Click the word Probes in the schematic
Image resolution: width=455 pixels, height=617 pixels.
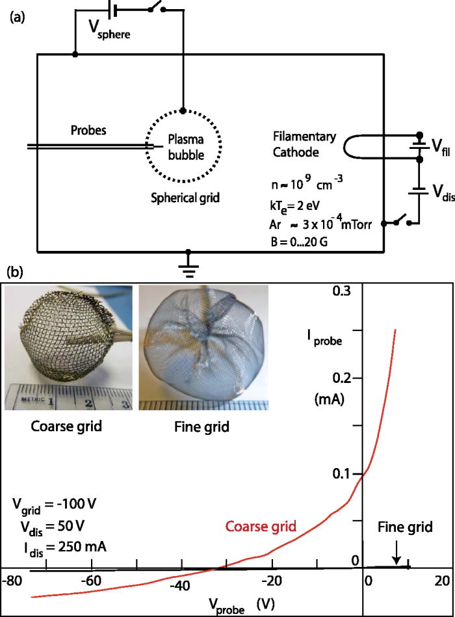tap(88, 131)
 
